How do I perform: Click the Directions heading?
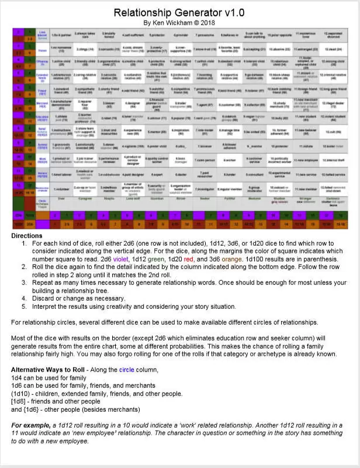click(x=26, y=235)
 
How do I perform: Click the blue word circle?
click(x=128, y=370)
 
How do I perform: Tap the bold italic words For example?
click(x=34, y=424)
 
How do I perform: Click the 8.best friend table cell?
click(x=226, y=91)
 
